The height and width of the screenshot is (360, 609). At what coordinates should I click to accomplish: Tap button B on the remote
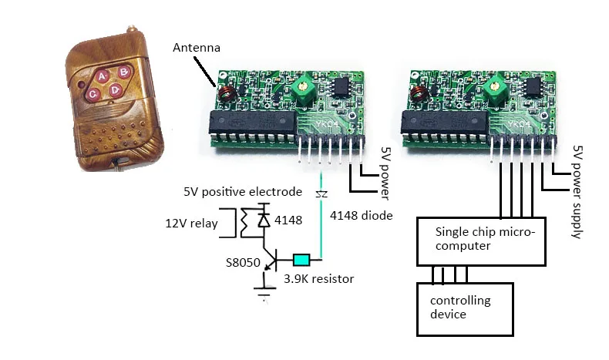click(123, 72)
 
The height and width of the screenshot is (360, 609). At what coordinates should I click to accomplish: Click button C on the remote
click(93, 94)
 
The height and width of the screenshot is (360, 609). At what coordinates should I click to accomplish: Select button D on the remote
click(115, 90)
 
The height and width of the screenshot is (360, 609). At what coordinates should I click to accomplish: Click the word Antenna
click(197, 48)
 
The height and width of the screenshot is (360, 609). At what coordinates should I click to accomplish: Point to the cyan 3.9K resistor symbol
click(301, 260)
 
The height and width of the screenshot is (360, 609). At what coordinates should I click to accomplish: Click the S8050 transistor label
click(243, 263)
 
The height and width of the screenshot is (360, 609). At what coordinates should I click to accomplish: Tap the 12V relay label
click(191, 224)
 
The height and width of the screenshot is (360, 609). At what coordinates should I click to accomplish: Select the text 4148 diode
click(362, 216)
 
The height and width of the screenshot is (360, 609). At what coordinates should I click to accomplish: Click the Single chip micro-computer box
click(481, 241)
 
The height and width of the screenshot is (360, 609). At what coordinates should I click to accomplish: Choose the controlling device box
click(465, 309)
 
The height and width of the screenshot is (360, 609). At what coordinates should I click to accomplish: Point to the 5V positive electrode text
click(243, 192)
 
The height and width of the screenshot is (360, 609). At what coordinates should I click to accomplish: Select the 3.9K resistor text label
click(319, 279)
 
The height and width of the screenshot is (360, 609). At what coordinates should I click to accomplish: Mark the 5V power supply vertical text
click(577, 192)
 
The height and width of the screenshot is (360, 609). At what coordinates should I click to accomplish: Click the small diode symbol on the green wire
click(321, 194)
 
